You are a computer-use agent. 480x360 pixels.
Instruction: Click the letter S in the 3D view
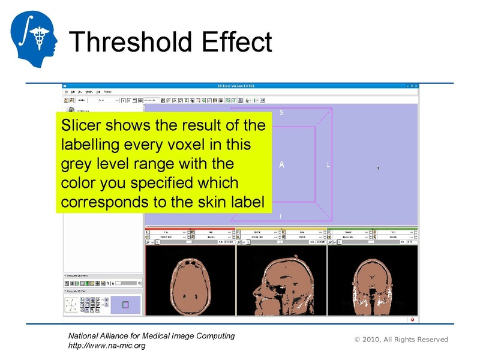pyautogui.click(x=281, y=113)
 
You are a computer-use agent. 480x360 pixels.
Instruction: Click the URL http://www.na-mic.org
pyautogui.click(x=107, y=346)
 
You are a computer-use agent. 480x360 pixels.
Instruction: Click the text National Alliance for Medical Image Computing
pyautogui.click(x=152, y=336)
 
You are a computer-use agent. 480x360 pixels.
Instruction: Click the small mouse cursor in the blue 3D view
pyautogui.click(x=378, y=167)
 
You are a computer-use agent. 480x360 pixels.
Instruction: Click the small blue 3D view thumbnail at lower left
pyautogui.click(x=125, y=305)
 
